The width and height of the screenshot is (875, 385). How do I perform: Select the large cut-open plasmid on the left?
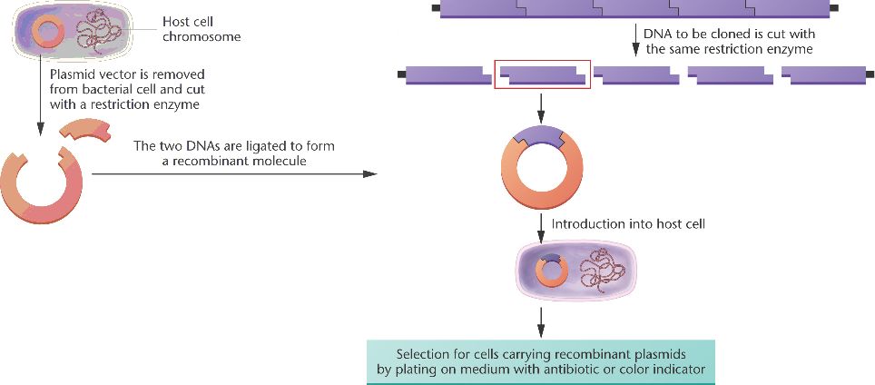[x=42, y=187]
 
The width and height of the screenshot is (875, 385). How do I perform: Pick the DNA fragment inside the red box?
[x=542, y=75]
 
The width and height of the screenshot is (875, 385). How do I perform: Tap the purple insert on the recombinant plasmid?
[x=541, y=138]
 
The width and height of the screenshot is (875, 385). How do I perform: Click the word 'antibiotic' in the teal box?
[x=585, y=370]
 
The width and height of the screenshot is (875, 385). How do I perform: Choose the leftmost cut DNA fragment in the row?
[x=442, y=75]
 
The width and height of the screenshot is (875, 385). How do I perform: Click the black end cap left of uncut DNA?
[x=437, y=8]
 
